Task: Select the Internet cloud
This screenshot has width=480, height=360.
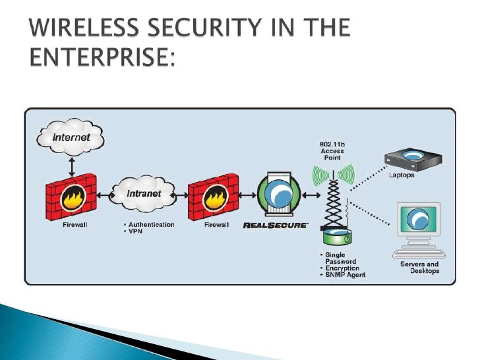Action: [x=71, y=137]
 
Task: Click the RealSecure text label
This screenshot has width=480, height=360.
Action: [x=275, y=225]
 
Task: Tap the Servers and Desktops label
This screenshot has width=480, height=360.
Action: [x=419, y=268]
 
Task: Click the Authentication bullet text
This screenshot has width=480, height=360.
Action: [x=150, y=224]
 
